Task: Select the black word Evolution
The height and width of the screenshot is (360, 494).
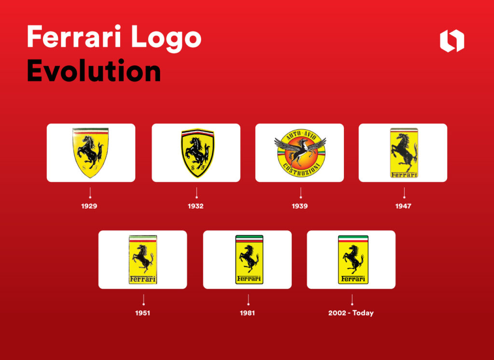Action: (94, 71)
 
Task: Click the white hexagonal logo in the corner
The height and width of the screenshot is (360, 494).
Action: (452, 41)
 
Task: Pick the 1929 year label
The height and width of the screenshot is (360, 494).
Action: (89, 206)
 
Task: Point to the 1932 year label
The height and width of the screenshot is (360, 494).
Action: (196, 206)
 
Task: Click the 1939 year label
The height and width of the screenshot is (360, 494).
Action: (300, 206)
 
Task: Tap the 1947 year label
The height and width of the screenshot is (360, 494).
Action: (404, 206)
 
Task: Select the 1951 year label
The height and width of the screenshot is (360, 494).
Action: (143, 313)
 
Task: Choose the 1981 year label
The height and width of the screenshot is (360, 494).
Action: (247, 313)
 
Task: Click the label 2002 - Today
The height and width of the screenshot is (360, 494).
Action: (351, 313)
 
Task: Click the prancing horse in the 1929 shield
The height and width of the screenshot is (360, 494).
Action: (91, 150)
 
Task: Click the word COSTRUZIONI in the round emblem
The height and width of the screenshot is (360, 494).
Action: (300, 170)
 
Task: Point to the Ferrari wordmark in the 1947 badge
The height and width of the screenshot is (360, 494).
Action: (404, 175)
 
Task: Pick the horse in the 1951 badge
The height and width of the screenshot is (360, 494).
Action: (142, 258)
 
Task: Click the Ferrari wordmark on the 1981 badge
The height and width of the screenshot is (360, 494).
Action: (248, 278)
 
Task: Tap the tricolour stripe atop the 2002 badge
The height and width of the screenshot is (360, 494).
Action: (353, 239)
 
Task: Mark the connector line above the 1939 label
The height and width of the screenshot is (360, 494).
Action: (300, 193)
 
